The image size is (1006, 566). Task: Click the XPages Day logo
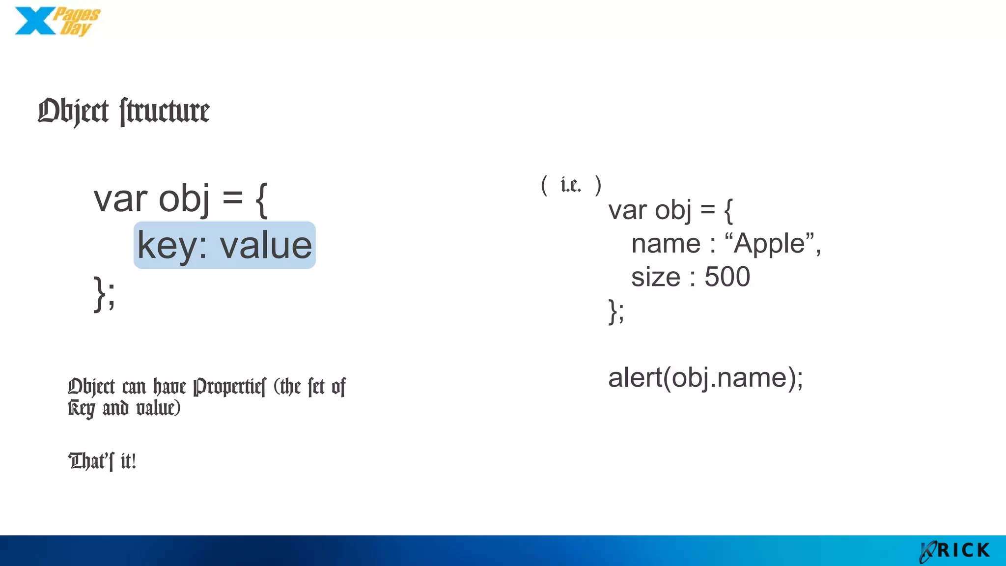pos(56,21)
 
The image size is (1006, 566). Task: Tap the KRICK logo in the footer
pos(954,551)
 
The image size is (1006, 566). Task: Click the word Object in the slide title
pos(73,112)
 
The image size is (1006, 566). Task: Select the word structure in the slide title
pos(165,112)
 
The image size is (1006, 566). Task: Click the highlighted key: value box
pos(224,245)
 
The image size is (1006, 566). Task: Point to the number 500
pos(727,277)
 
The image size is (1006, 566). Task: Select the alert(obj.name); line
pos(705,378)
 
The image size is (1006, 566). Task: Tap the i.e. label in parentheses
pos(570,185)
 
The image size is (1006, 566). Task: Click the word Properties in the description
pos(229,387)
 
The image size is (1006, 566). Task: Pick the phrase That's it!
pos(102,461)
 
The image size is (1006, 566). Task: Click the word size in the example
pos(656,277)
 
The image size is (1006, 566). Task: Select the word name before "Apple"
pos(666,243)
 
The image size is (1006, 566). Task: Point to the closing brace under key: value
pos(100,293)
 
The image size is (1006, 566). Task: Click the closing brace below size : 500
pos(613,311)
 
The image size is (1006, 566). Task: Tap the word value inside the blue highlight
pos(265,245)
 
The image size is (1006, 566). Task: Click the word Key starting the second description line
pos(81,408)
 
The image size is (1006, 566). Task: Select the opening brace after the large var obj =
pos(262,199)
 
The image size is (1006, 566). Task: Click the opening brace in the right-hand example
pos(728,210)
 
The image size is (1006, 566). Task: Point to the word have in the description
pos(169,387)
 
